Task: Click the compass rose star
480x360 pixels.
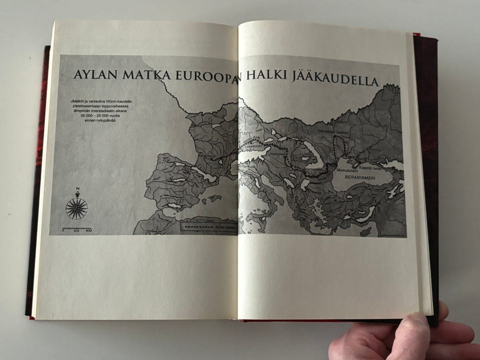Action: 76,208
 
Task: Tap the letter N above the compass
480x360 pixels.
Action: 77,189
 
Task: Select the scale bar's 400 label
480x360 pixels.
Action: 88,231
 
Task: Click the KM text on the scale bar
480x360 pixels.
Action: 76,231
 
